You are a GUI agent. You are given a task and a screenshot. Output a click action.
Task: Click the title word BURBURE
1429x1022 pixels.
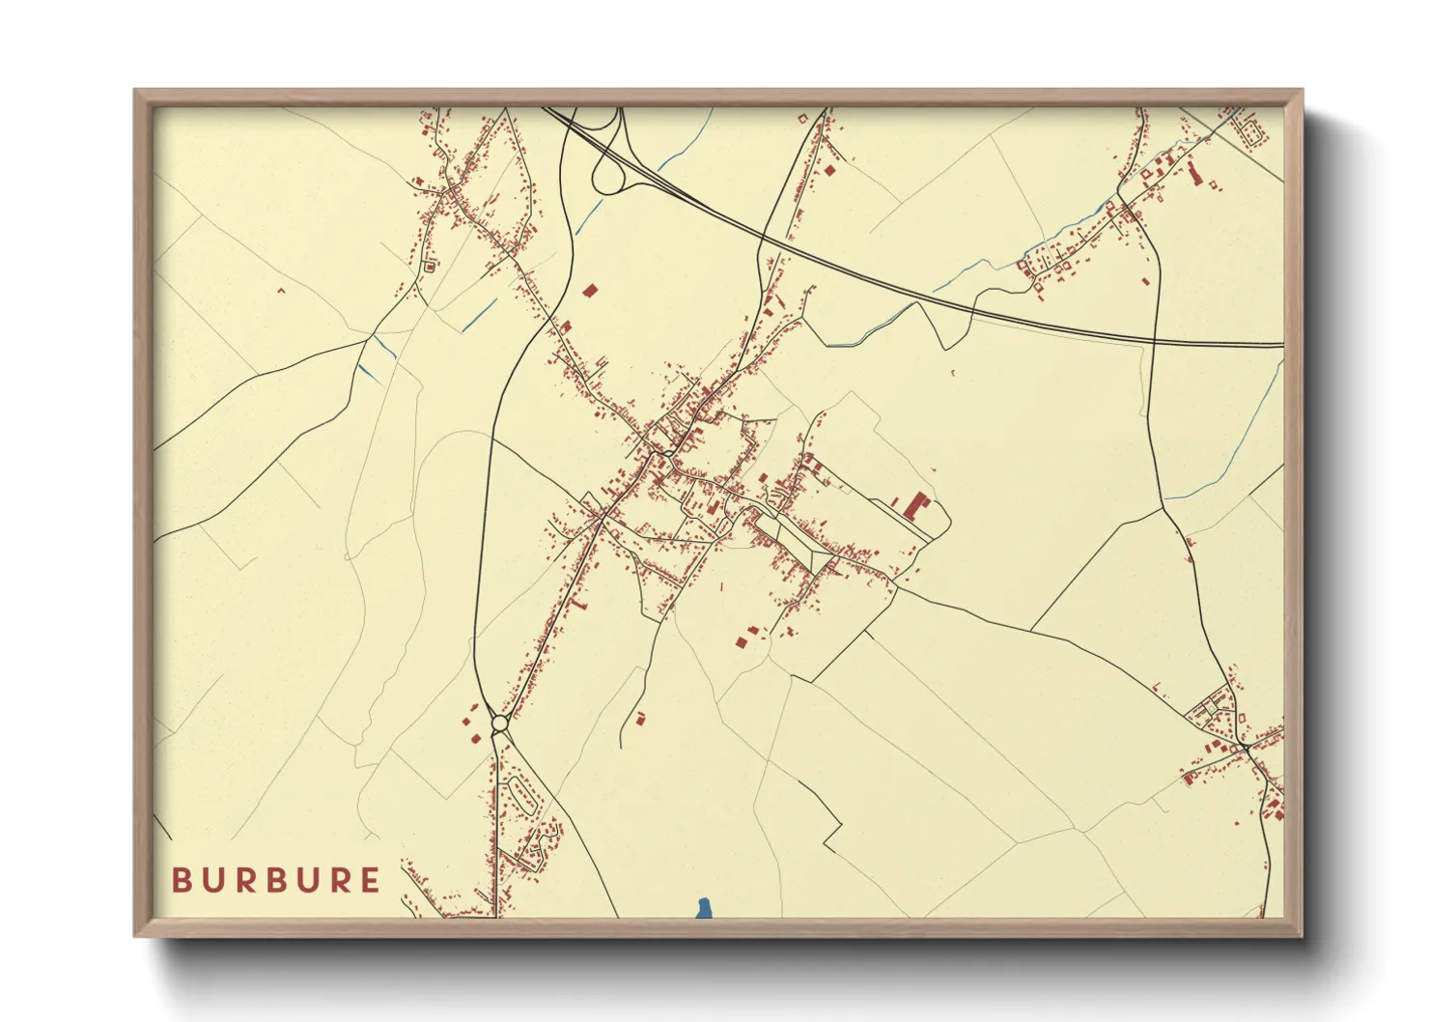click(276, 880)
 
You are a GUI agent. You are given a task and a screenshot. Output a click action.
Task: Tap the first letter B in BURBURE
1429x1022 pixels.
click(181, 880)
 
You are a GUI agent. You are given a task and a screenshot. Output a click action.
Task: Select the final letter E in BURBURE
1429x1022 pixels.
click(370, 880)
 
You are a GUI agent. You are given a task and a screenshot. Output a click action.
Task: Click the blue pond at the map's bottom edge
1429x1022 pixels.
click(704, 908)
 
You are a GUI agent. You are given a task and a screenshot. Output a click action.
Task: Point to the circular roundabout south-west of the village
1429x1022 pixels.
click(499, 723)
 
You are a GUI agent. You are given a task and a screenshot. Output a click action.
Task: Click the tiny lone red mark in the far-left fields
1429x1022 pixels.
click(281, 290)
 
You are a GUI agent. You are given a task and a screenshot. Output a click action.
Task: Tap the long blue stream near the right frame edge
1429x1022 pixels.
click(1236, 454)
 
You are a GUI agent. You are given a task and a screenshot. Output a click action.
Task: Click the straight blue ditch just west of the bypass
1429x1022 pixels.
click(480, 315)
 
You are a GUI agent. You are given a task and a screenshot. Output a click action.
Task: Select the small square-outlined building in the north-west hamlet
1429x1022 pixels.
click(429, 266)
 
